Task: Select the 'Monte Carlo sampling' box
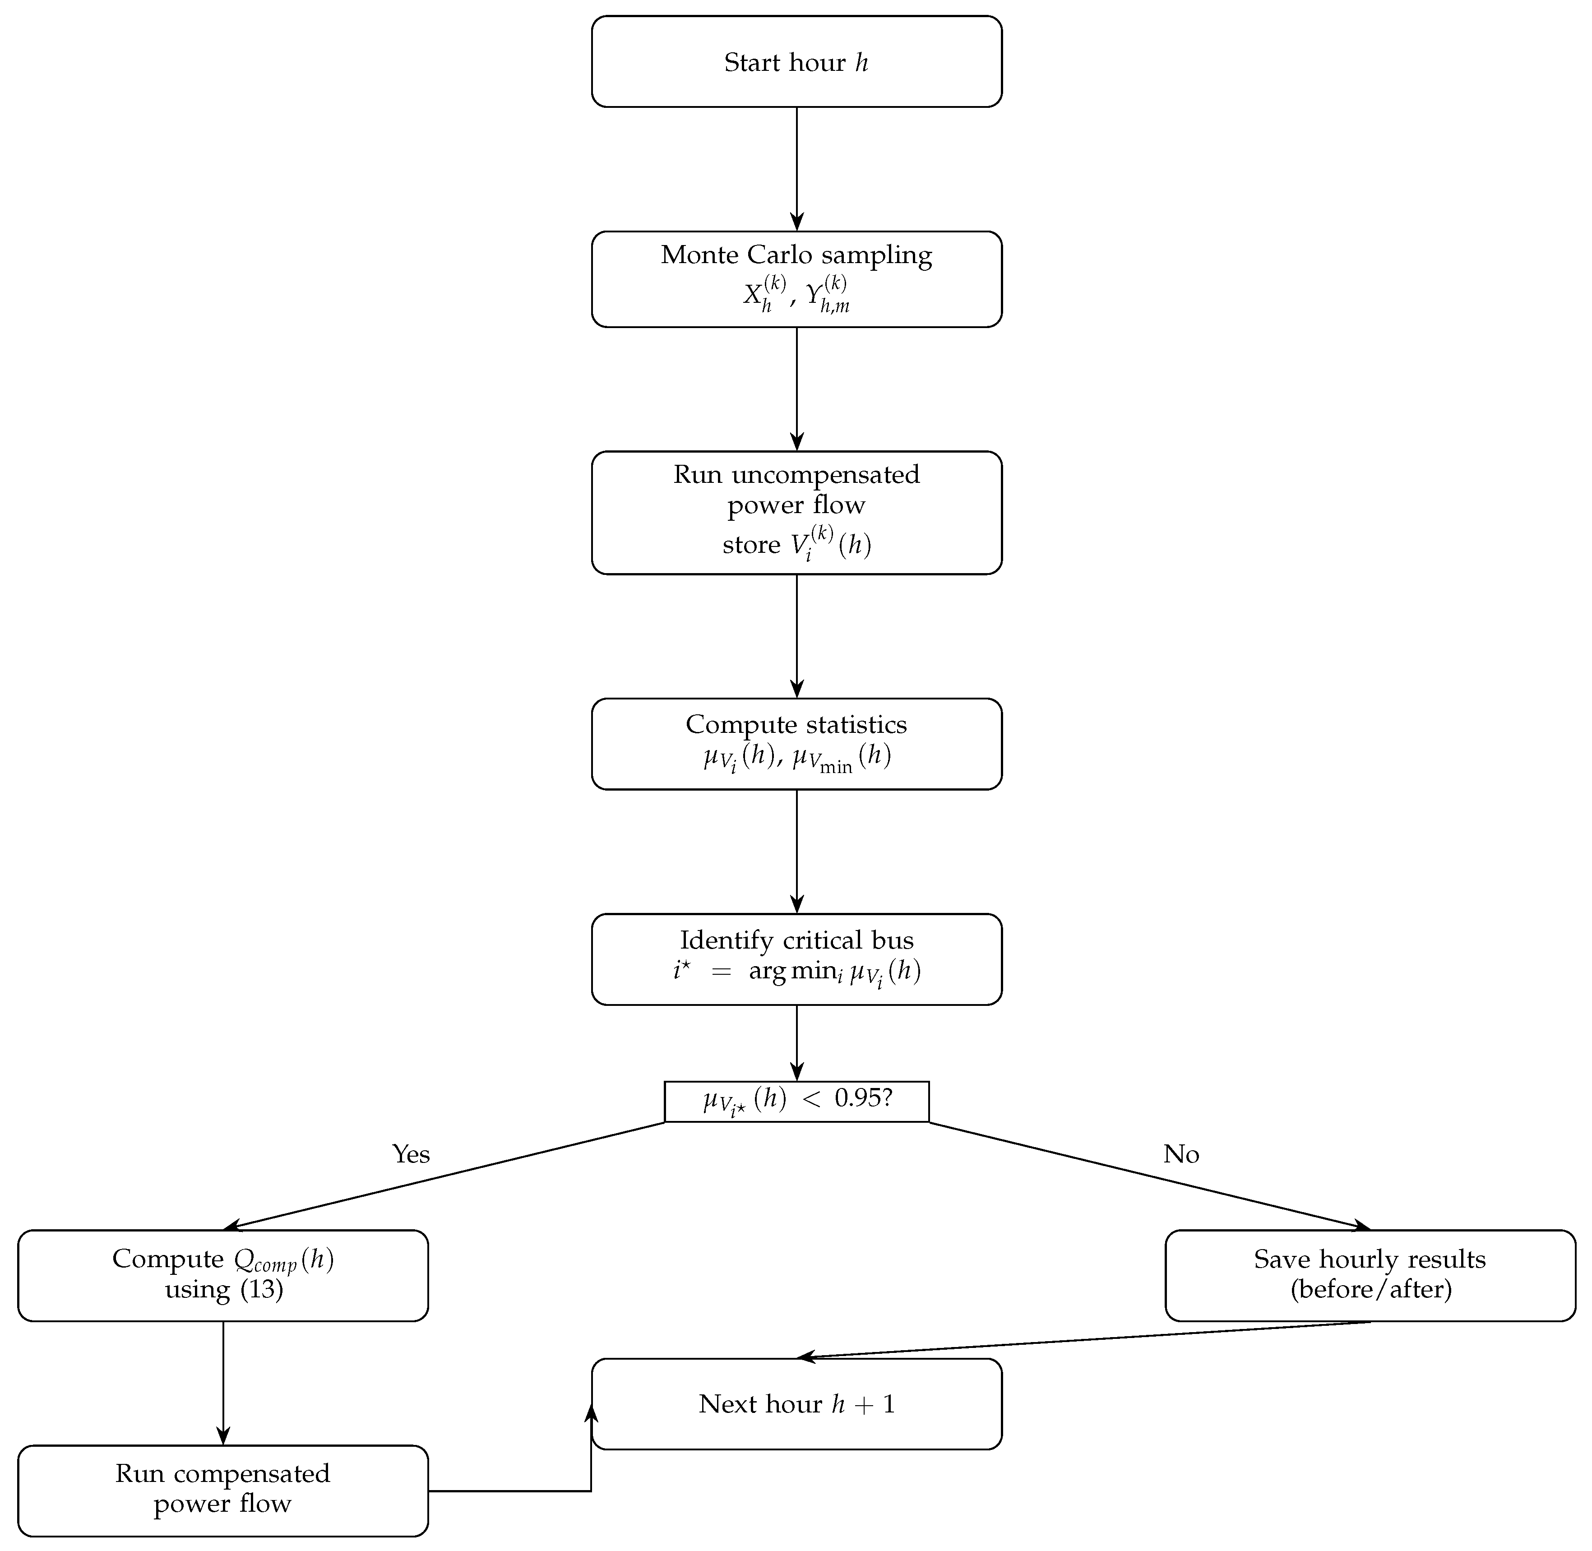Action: coord(796,279)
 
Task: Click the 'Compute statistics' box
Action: coord(796,744)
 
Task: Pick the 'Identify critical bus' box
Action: coord(796,959)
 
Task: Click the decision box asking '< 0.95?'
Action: coord(796,1102)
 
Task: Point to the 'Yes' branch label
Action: coord(411,1154)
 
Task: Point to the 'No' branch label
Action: coord(1180,1154)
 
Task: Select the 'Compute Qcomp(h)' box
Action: coord(222,1275)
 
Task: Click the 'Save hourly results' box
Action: coord(1370,1275)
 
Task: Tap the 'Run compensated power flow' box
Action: coord(222,1490)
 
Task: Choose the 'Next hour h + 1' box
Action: coord(796,1403)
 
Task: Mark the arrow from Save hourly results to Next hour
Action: coord(1083,1340)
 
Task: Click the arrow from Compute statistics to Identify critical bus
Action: coord(796,851)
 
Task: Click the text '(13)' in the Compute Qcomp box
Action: coord(261,1290)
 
